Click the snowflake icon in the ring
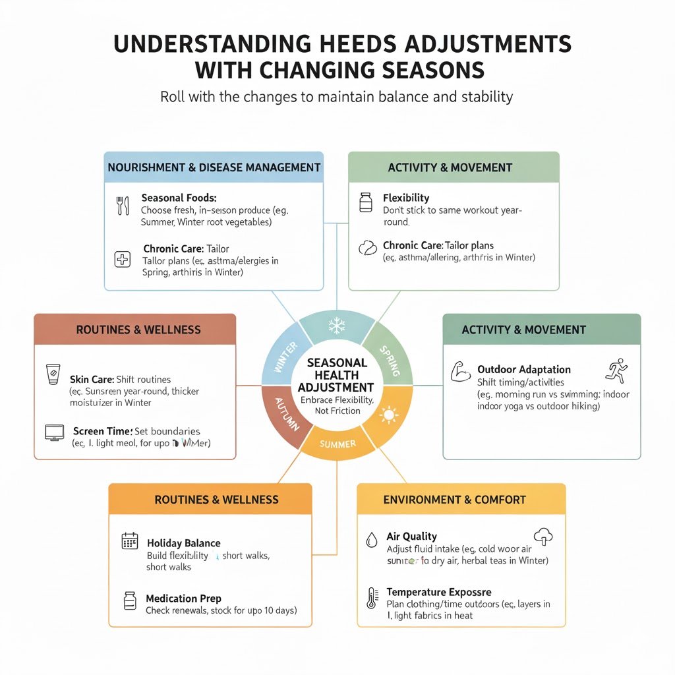tap(337, 326)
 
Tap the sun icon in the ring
tap(390, 415)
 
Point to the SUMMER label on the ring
tap(337, 444)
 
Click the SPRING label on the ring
tap(389, 362)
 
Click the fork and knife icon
tap(122, 205)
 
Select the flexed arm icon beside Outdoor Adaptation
tap(459, 373)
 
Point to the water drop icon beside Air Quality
tap(371, 541)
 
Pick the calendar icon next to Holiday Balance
tap(130, 541)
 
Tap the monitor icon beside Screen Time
tap(54, 432)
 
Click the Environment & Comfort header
tap(454, 500)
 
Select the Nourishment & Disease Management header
tap(214, 167)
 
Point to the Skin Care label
tap(92, 379)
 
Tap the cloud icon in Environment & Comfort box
tap(544, 537)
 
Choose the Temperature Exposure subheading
tap(438, 592)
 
